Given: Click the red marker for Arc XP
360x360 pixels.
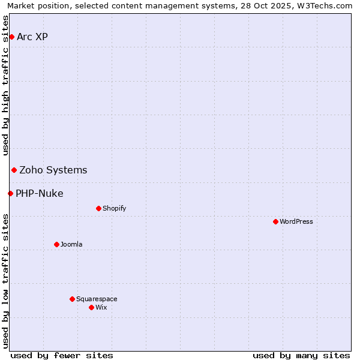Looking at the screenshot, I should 11,37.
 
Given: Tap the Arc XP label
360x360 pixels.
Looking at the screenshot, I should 32,37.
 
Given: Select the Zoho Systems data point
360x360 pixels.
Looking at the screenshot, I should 14,170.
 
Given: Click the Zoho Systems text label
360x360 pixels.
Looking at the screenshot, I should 53,170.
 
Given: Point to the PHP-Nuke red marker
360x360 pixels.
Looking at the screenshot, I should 10,193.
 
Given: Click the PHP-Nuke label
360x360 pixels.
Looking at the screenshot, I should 40,194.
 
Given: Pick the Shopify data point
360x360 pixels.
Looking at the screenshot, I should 98,209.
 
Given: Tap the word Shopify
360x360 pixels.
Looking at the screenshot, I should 114,209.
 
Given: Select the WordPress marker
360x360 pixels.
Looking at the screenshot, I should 275,222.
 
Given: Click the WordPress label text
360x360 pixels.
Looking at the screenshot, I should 296,222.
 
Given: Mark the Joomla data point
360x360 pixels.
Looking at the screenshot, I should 56,244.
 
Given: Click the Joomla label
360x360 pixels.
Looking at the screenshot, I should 71,245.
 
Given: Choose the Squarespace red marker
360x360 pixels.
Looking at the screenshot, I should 72,299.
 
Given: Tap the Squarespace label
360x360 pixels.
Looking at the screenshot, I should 97,299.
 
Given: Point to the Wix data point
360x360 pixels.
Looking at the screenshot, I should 91,307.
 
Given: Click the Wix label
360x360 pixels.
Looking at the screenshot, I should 101,308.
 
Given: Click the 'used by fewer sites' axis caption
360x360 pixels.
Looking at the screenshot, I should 62,355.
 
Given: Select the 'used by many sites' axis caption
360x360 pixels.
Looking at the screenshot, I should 301,355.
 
